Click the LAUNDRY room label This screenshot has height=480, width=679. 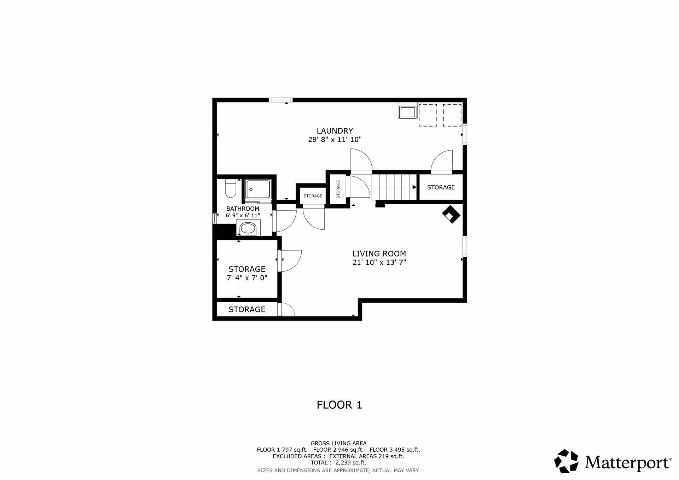click(x=335, y=131)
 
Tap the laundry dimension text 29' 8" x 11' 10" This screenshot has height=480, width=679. click(x=335, y=140)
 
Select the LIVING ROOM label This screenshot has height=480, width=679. click(x=379, y=253)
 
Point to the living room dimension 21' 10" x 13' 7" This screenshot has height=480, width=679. click(x=379, y=262)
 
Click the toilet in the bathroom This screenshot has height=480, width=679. click(x=230, y=188)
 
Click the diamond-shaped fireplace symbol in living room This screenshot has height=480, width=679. click(x=451, y=214)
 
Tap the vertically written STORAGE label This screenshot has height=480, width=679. click(x=338, y=189)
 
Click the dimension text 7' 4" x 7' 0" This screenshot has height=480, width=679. click(x=247, y=278)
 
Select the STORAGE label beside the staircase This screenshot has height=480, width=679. click(x=441, y=187)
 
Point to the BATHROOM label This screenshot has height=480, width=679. click(x=243, y=209)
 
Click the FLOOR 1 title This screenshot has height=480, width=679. click(x=339, y=405)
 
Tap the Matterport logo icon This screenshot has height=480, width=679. click(x=566, y=461)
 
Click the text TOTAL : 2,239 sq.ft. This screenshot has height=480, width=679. click(x=338, y=462)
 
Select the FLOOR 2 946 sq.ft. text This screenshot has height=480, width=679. click(x=338, y=450)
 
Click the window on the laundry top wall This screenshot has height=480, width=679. click(x=280, y=100)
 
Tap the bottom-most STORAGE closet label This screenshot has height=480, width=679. click(x=247, y=309)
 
